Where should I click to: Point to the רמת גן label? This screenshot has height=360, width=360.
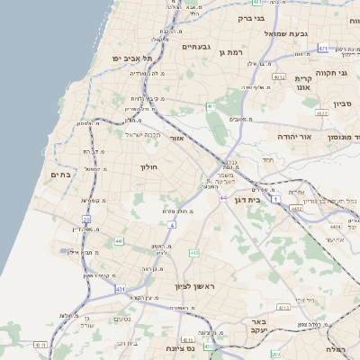[231, 53]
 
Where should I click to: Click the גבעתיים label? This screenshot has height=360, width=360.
[195, 46]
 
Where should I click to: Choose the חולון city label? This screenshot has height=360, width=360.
[148, 167]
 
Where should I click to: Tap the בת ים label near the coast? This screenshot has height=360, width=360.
[60, 175]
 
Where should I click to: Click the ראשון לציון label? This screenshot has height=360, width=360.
[195, 285]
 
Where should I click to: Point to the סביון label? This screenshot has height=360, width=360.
[342, 104]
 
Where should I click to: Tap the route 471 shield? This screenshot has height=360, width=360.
[324, 49]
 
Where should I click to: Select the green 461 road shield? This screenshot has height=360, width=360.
[210, 106]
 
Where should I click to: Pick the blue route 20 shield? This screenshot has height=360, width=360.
[86, 219]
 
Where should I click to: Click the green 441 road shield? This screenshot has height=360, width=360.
[119, 241]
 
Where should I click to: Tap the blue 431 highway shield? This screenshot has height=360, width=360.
[121, 289]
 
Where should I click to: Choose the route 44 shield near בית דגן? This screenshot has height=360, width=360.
[222, 197]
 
